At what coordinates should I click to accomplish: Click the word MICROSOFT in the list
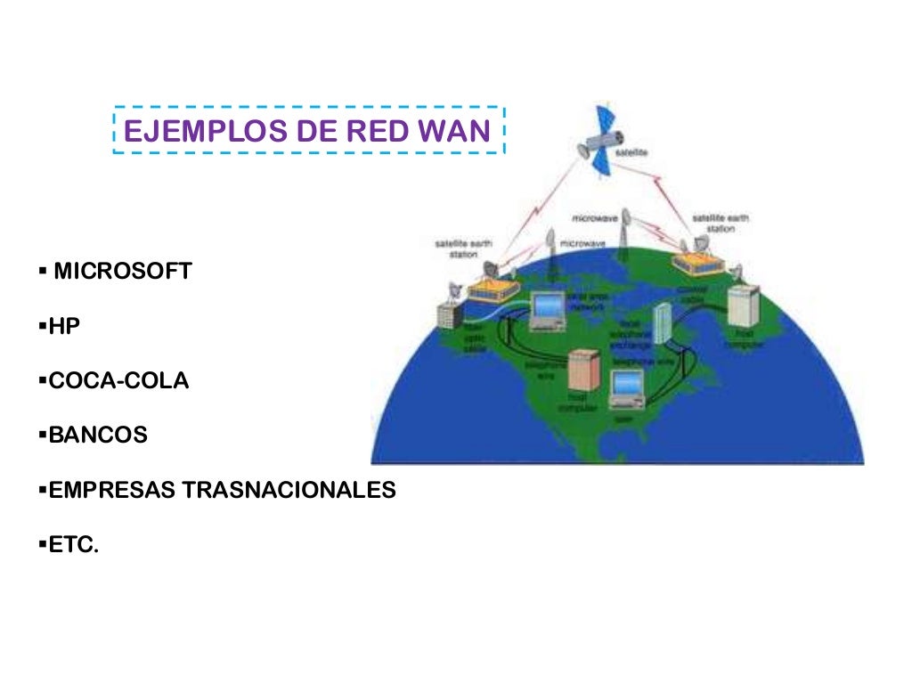tap(123, 272)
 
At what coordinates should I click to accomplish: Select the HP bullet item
tap(64, 327)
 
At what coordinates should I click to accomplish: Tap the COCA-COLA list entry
tap(118, 381)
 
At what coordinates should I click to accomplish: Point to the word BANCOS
tap(98, 436)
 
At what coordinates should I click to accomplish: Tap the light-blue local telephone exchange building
tap(662, 323)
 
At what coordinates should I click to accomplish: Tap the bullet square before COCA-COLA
tap(43, 381)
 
